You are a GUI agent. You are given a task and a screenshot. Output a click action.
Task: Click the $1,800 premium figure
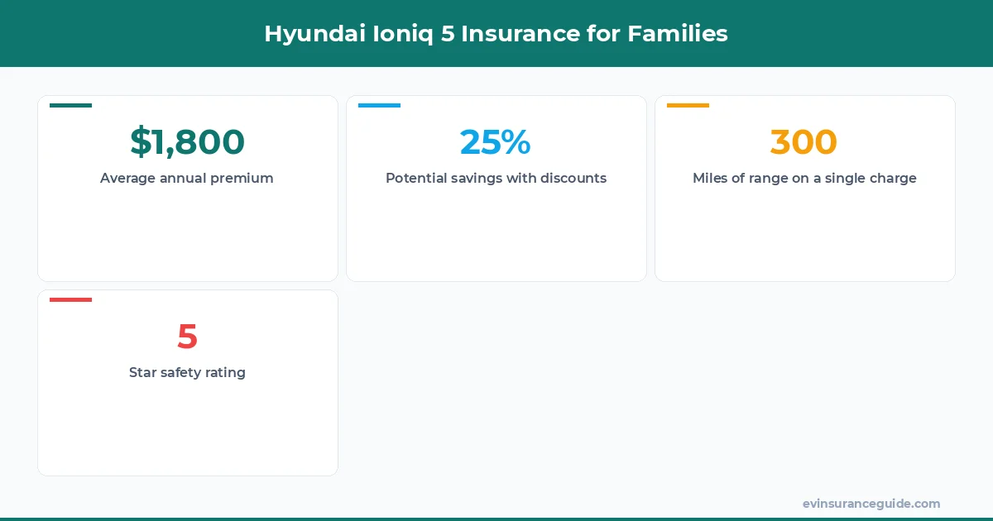pyautogui.click(x=187, y=142)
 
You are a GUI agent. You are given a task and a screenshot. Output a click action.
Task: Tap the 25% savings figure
pyautogui.click(x=496, y=142)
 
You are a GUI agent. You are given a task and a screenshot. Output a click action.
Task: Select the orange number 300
pyautogui.click(x=804, y=142)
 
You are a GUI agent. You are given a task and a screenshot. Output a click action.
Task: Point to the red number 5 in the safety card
pyautogui.click(x=187, y=337)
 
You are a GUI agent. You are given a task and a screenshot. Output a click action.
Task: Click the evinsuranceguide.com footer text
pyautogui.click(x=871, y=504)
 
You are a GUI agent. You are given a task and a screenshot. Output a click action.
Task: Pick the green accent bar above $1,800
pyautogui.click(x=70, y=105)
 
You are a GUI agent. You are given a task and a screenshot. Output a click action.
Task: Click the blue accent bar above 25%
pyautogui.click(x=379, y=105)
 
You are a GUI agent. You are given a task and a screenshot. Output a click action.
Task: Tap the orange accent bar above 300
pyautogui.click(x=688, y=105)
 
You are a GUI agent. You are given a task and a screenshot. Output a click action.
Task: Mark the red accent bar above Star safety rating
pyautogui.click(x=70, y=299)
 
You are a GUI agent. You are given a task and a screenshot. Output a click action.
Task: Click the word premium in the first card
pyautogui.click(x=241, y=179)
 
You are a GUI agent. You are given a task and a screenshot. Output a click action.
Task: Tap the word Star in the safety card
pyautogui.click(x=143, y=373)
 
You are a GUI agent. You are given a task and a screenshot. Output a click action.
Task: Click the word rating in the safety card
pyautogui.click(x=226, y=373)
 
